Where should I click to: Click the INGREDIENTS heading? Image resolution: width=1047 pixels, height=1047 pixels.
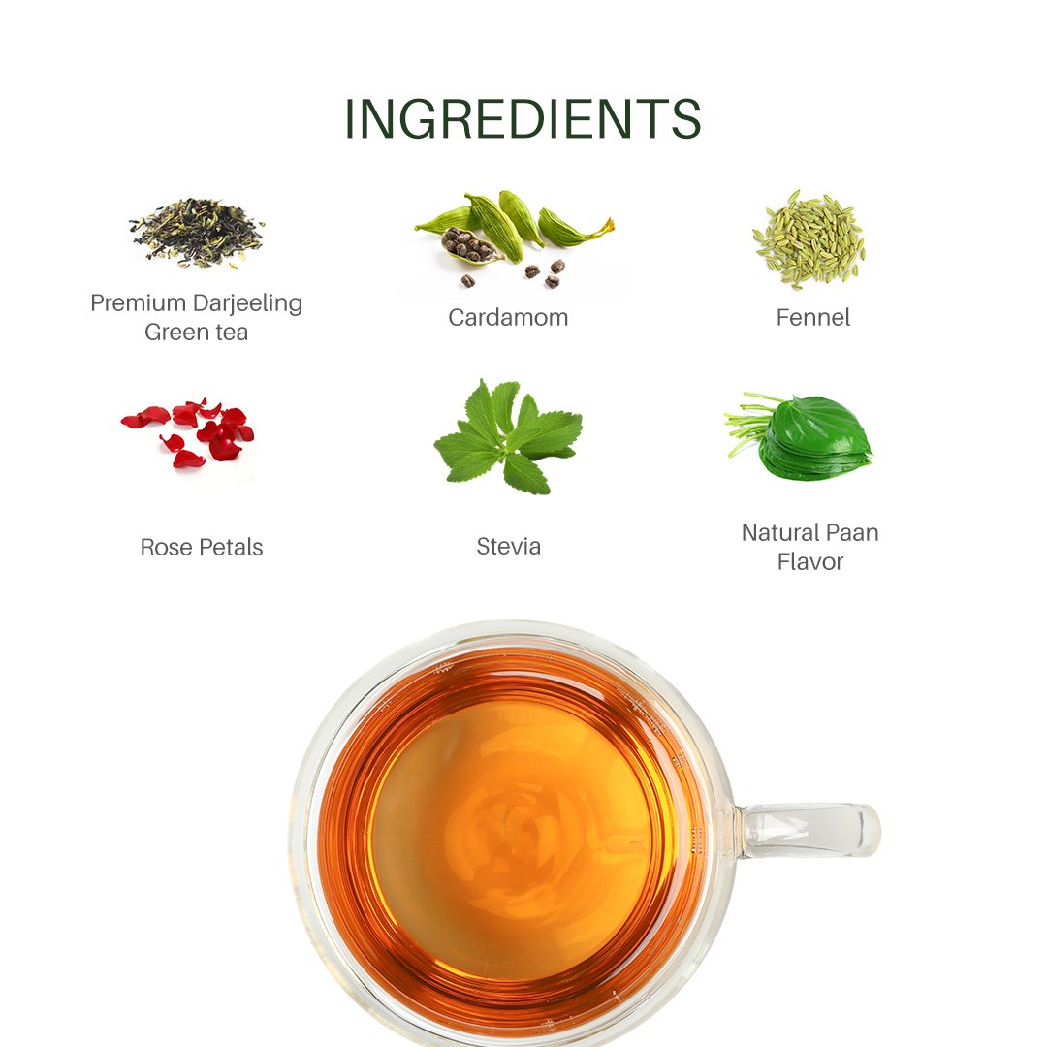tap(523, 119)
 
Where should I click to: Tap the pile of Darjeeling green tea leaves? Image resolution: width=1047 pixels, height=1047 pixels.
tap(196, 233)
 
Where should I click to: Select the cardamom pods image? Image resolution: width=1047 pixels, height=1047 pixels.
tap(513, 238)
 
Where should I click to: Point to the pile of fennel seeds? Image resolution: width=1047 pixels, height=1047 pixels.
tap(809, 239)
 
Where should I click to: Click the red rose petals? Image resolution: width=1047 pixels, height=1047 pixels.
tap(188, 432)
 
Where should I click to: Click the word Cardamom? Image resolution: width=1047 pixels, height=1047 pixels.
tap(508, 317)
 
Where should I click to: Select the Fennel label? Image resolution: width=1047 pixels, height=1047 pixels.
tap(812, 317)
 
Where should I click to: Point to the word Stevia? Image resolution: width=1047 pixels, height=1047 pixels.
tap(508, 546)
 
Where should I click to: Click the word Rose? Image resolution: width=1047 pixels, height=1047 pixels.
tap(162, 547)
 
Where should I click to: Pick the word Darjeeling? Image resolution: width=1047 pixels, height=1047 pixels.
tap(248, 303)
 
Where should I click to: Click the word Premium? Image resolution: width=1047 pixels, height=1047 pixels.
tap(139, 303)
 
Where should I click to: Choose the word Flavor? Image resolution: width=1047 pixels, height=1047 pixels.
tap(809, 561)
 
